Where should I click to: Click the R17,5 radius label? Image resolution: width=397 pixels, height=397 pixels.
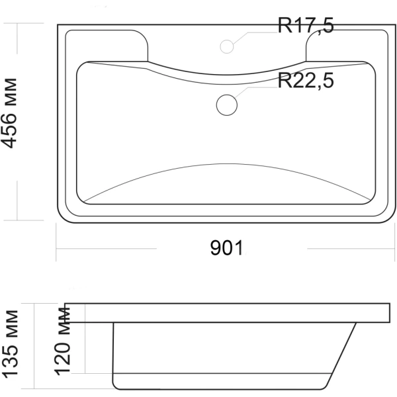[306, 25]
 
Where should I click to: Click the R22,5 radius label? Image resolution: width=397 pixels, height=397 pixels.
[306, 81]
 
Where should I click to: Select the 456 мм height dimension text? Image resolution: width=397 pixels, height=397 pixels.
[10, 113]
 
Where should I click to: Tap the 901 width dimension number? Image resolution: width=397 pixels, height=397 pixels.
[226, 248]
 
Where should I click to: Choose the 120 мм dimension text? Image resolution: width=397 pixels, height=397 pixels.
[62, 341]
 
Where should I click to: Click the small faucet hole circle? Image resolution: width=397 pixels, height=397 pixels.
[226, 46]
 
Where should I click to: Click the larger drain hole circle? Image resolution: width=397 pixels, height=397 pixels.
[226, 105]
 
